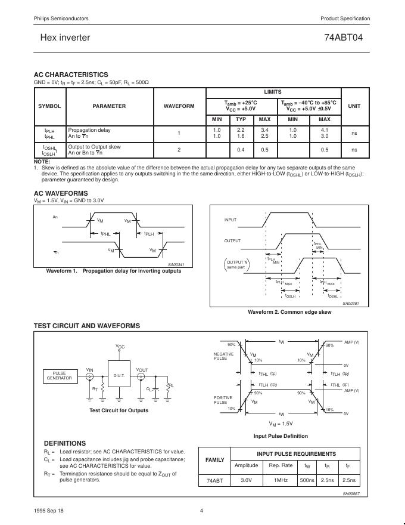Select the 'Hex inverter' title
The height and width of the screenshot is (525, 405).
pos(65,38)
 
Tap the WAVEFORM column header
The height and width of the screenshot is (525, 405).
pos(179,106)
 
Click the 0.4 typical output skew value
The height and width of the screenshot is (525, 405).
pos(241,150)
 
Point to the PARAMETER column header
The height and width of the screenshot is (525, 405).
pos(109,106)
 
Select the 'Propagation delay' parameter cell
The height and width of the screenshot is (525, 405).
pos(89,130)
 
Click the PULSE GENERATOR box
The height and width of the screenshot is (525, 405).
pos(59,375)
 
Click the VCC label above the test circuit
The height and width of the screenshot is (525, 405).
pos(120,347)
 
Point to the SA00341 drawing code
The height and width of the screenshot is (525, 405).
pos(176,264)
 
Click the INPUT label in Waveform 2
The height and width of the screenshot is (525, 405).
pos(230,220)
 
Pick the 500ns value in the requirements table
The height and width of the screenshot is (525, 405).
pos(307,481)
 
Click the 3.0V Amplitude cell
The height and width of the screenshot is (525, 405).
pos(246,481)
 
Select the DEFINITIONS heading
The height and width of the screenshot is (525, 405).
pos(65,443)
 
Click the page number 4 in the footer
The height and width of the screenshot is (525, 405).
pos(202,510)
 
